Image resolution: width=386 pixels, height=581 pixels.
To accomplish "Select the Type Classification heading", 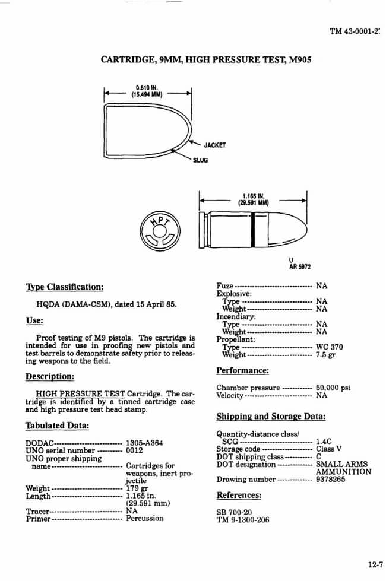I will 65,287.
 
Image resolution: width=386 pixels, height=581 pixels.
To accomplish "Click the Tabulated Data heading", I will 58,425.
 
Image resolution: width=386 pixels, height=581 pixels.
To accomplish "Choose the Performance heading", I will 242,370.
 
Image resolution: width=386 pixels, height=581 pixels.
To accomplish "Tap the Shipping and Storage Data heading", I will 270,416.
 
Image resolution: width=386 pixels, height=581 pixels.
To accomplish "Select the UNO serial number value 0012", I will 135,450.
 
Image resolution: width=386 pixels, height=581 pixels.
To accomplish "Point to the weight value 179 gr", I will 137,488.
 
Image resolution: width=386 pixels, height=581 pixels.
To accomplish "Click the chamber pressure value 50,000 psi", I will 333,388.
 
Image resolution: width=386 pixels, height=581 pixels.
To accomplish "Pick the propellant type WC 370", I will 330,347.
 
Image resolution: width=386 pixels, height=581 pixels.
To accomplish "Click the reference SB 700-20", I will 235,511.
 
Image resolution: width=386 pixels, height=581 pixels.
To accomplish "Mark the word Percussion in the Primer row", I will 145,518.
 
